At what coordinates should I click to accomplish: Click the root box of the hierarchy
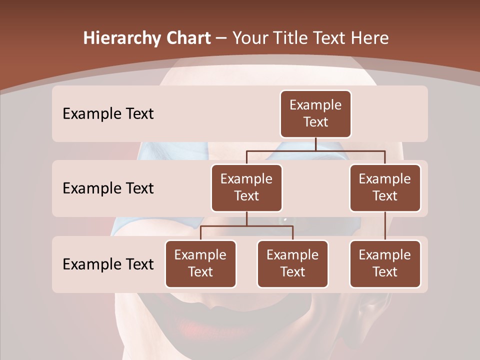click(315, 113)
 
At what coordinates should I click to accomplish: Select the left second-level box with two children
click(246, 187)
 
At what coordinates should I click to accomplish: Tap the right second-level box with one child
click(385, 187)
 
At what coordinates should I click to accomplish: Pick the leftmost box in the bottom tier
click(200, 263)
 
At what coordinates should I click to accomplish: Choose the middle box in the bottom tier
click(292, 263)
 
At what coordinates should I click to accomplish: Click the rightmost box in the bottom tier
click(385, 263)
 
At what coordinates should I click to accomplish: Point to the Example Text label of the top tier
click(108, 113)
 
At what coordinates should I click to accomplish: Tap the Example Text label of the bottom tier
click(108, 264)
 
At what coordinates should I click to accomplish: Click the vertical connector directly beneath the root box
click(315, 144)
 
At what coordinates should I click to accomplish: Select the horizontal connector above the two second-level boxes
click(315, 150)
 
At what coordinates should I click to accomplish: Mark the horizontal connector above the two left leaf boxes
click(246, 226)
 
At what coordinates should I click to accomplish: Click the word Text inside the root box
click(315, 122)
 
